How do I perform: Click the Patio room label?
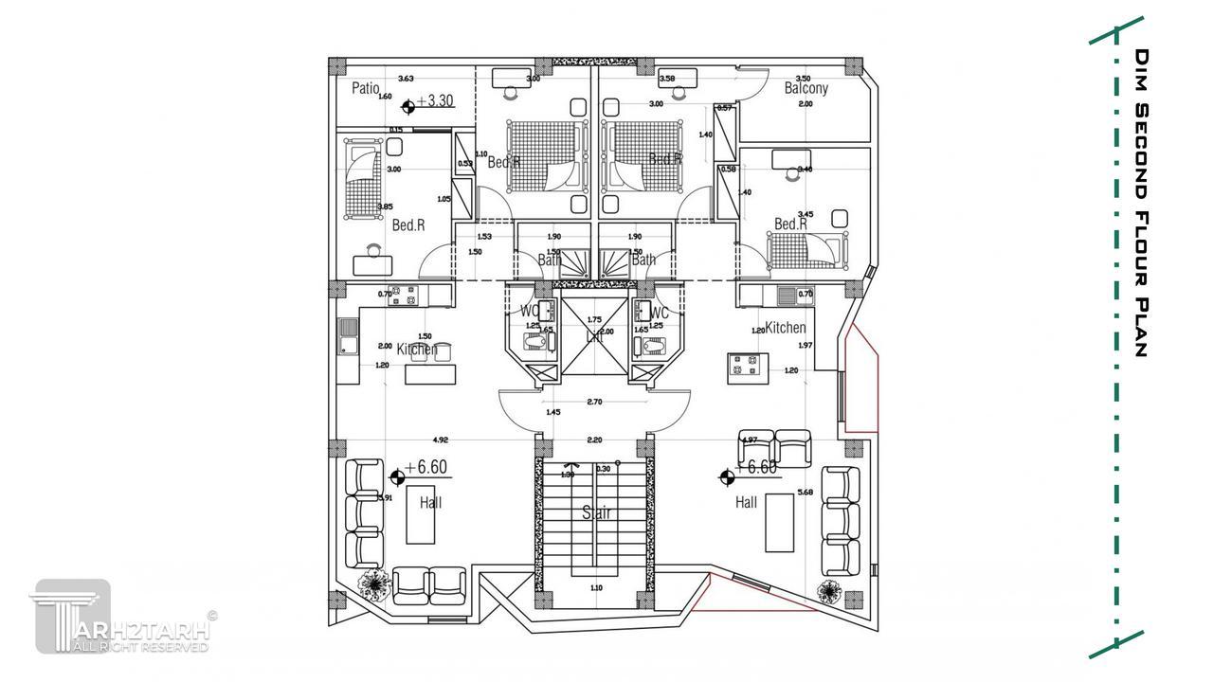click(x=365, y=88)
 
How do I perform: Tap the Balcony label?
click(x=806, y=88)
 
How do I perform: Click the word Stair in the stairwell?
click(x=596, y=512)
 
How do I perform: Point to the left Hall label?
click(x=430, y=503)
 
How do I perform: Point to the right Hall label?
click(x=746, y=503)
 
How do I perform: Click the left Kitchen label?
click(x=417, y=350)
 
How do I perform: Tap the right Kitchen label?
click(x=786, y=328)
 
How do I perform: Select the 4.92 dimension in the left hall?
click(x=440, y=440)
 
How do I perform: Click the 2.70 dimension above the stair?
click(x=594, y=402)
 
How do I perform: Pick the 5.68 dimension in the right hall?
click(x=806, y=492)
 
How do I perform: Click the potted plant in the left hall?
click(x=376, y=584)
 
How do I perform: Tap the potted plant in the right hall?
click(x=829, y=592)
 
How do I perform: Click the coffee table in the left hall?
click(x=420, y=517)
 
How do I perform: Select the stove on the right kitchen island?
click(x=741, y=364)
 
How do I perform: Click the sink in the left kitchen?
click(x=347, y=335)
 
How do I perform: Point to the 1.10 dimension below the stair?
click(x=596, y=588)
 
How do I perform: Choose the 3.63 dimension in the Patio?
click(x=406, y=79)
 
